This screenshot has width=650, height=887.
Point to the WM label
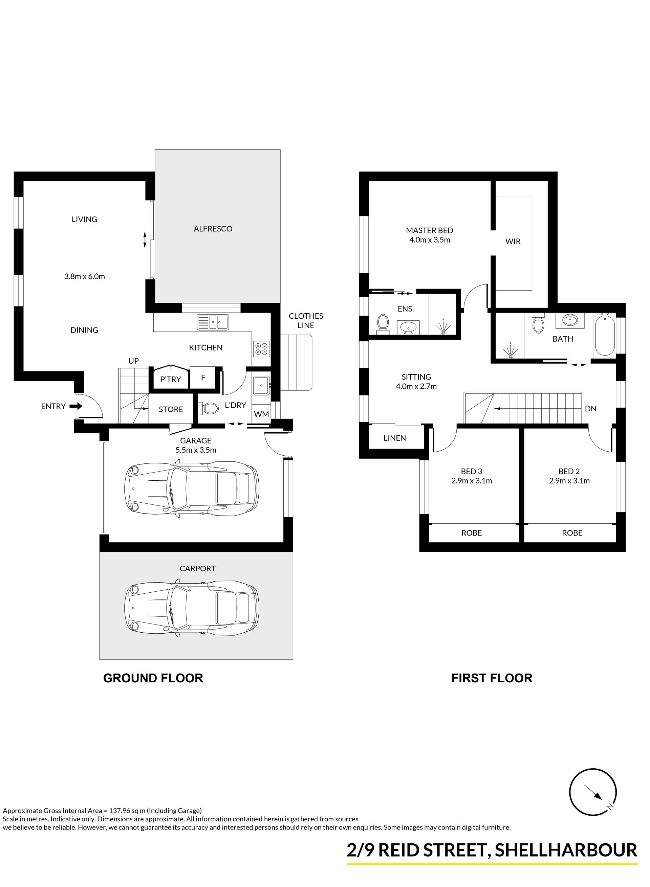coord(262,414)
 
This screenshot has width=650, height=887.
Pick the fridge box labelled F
coord(203,378)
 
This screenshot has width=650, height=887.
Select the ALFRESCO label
coord(213,229)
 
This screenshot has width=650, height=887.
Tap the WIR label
coord(513,242)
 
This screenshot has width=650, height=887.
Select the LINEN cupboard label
coord(395,438)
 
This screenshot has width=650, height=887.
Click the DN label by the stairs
coord(591,409)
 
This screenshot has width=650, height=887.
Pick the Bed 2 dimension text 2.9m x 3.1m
coord(569,480)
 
